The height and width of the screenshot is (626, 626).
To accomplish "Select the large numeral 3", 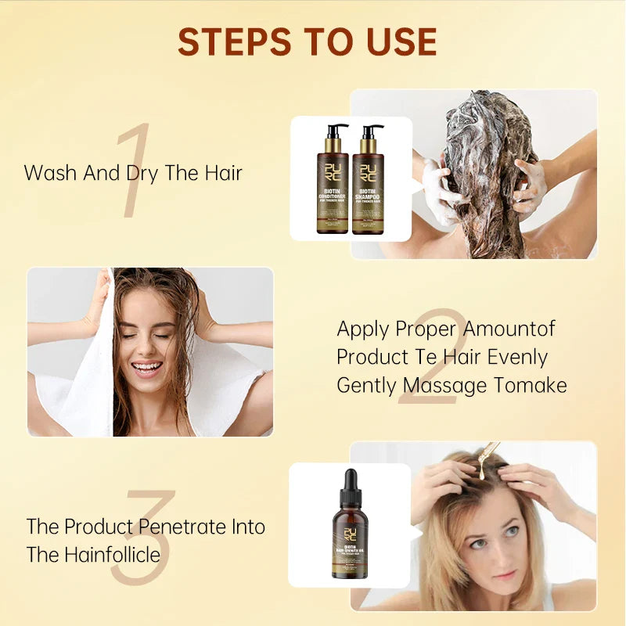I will [141, 540].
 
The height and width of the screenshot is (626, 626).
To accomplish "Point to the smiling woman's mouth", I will [147, 366].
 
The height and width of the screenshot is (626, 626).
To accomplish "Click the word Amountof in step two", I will [509, 329].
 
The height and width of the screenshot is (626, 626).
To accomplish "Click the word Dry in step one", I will [142, 173].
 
